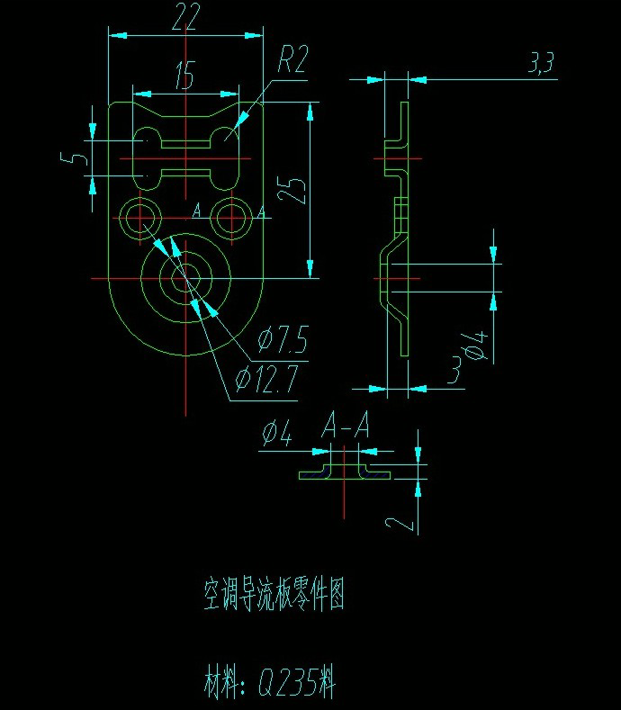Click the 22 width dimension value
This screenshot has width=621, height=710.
pyautogui.click(x=184, y=18)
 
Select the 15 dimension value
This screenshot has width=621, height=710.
pyautogui.click(x=184, y=77)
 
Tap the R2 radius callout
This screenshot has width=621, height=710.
pyautogui.click(x=292, y=61)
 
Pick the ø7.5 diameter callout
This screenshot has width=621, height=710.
pyautogui.click(x=283, y=341)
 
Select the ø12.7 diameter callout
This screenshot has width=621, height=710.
pyautogui.click(x=265, y=381)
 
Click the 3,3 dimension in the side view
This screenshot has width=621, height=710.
pyautogui.click(x=542, y=62)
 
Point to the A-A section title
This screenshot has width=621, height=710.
pyautogui.click(x=346, y=426)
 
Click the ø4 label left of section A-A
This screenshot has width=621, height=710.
pyautogui.click(x=277, y=436)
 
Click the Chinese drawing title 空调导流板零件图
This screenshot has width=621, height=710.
pyautogui.click(x=274, y=595)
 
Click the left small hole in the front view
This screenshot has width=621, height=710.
pyautogui.click(x=139, y=217)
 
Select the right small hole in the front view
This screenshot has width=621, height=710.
pyautogui.click(x=233, y=217)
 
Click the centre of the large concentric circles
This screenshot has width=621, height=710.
pyautogui.click(x=185, y=278)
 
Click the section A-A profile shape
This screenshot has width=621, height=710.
pyautogui.click(x=346, y=470)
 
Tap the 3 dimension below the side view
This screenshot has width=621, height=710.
pyautogui.click(x=455, y=369)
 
